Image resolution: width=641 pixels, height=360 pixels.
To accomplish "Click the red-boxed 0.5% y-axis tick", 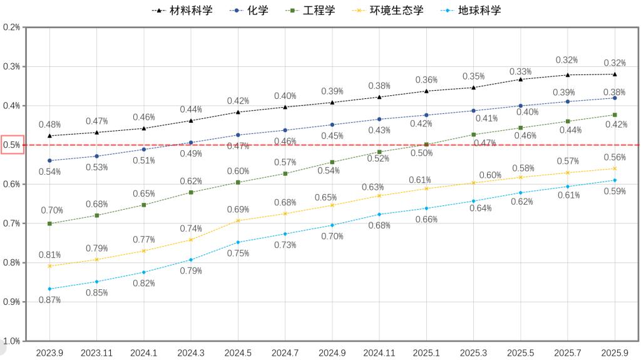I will (x=12, y=145).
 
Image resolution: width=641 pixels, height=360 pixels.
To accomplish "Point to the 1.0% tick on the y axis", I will (x=12, y=341).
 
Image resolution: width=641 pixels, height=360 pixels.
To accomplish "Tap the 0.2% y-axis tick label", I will (x=12, y=28).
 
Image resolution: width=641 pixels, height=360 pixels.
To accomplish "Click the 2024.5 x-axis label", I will (x=238, y=352).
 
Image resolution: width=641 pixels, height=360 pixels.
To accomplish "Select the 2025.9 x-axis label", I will (x=614, y=352).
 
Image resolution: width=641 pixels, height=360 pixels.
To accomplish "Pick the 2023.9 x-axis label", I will (x=49, y=352).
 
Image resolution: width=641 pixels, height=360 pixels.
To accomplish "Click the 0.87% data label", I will (x=49, y=300).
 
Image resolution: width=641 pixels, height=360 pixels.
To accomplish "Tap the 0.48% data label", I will (x=49, y=125).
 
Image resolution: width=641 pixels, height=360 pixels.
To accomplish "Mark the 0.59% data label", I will (x=614, y=192).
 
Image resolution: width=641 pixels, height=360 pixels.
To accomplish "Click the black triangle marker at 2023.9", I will (x=49, y=135).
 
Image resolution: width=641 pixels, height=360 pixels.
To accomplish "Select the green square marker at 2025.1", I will (x=426, y=145).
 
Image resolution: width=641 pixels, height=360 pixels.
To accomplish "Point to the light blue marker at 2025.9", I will (x=614, y=180).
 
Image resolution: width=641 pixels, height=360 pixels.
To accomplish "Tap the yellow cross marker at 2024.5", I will (x=238, y=220).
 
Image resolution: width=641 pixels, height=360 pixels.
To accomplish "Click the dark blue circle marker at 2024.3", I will (x=191, y=143).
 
